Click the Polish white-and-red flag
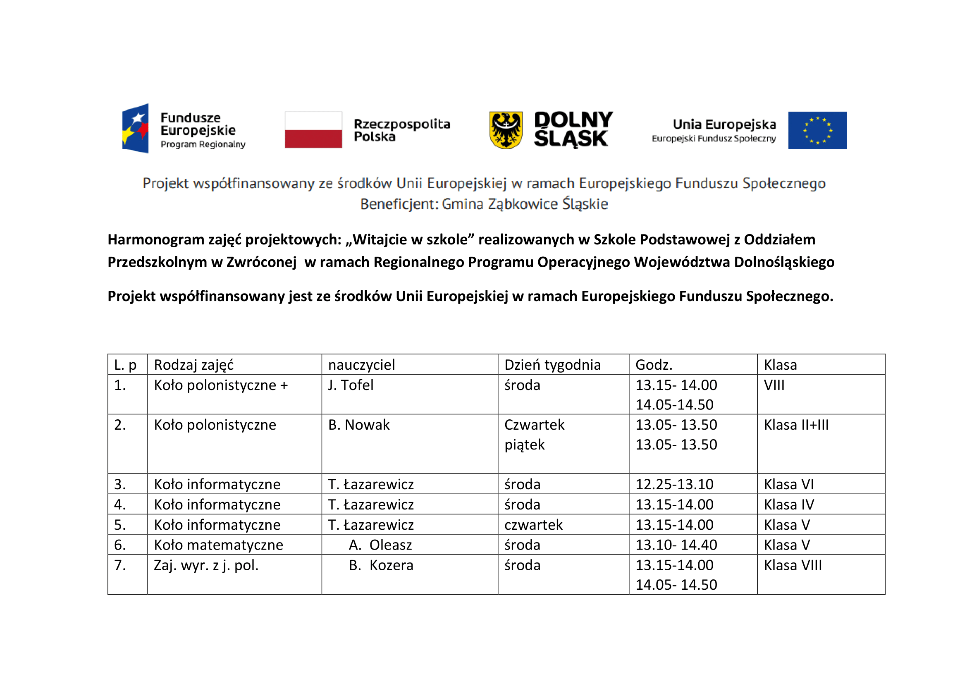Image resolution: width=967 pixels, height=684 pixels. pyautogui.click(x=313, y=129)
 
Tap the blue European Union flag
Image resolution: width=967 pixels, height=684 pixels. pyautogui.click(x=817, y=130)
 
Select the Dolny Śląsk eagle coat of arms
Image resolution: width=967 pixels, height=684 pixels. pyautogui.click(x=506, y=130)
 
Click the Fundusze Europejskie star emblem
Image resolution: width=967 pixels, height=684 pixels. pyautogui.click(x=135, y=129)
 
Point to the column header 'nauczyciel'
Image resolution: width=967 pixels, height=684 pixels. pyautogui.click(x=361, y=365)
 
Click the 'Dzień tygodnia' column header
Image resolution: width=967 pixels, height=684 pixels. pyautogui.click(x=552, y=365)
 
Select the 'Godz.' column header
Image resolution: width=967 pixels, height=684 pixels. pyautogui.click(x=654, y=365)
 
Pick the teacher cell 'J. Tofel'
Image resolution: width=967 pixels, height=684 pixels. pyautogui.click(x=351, y=385)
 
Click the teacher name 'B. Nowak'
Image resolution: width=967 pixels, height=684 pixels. pyautogui.click(x=359, y=425)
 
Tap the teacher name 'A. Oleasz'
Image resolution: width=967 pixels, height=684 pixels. pyautogui.click(x=380, y=545)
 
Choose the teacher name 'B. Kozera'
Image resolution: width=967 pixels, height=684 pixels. pyautogui.click(x=381, y=565)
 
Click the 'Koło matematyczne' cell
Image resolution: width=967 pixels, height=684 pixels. pyautogui.click(x=219, y=545)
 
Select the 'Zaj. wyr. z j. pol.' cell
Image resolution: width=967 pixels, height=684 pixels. pyautogui.click(x=206, y=565)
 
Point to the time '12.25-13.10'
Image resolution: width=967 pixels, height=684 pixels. pyautogui.click(x=674, y=484)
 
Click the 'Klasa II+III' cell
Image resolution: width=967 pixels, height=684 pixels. pyautogui.click(x=796, y=425)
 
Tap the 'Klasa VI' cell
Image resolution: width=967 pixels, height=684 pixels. pyautogui.click(x=789, y=484)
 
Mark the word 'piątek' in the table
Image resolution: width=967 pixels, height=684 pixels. pyautogui.click(x=524, y=445)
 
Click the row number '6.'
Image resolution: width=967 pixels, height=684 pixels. pyautogui.click(x=120, y=545)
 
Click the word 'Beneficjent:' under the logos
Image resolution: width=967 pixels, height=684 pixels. pyautogui.click(x=399, y=204)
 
